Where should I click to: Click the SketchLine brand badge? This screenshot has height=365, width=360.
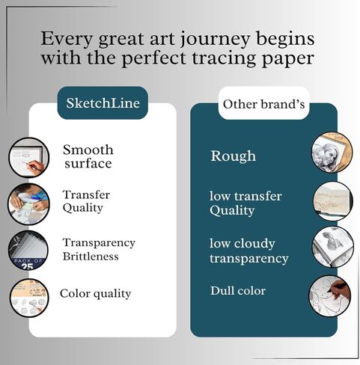[103, 102]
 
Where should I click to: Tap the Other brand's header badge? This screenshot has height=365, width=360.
[263, 104]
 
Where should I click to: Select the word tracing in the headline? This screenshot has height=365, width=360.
[226, 59]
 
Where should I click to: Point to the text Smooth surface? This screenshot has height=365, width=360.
[88, 156]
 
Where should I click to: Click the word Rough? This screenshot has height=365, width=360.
[234, 156]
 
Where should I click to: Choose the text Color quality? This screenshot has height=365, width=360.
[95, 293]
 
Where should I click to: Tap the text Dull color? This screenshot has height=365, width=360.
[238, 290]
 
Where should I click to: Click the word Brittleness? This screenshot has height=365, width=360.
[91, 257]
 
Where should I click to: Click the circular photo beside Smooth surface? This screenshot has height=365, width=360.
[28, 158]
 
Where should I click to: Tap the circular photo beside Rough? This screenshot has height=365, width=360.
[332, 153]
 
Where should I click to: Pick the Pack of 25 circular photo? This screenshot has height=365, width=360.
[28, 250]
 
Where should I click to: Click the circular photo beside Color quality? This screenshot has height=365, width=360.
[29, 298]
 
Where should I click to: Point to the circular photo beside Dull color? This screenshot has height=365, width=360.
[329, 296]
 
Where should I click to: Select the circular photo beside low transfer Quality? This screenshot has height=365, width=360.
[333, 201]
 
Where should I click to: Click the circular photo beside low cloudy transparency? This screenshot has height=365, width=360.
[333, 247]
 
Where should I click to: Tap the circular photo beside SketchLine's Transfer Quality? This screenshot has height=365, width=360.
[28, 204]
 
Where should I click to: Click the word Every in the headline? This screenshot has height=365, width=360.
[67, 40]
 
